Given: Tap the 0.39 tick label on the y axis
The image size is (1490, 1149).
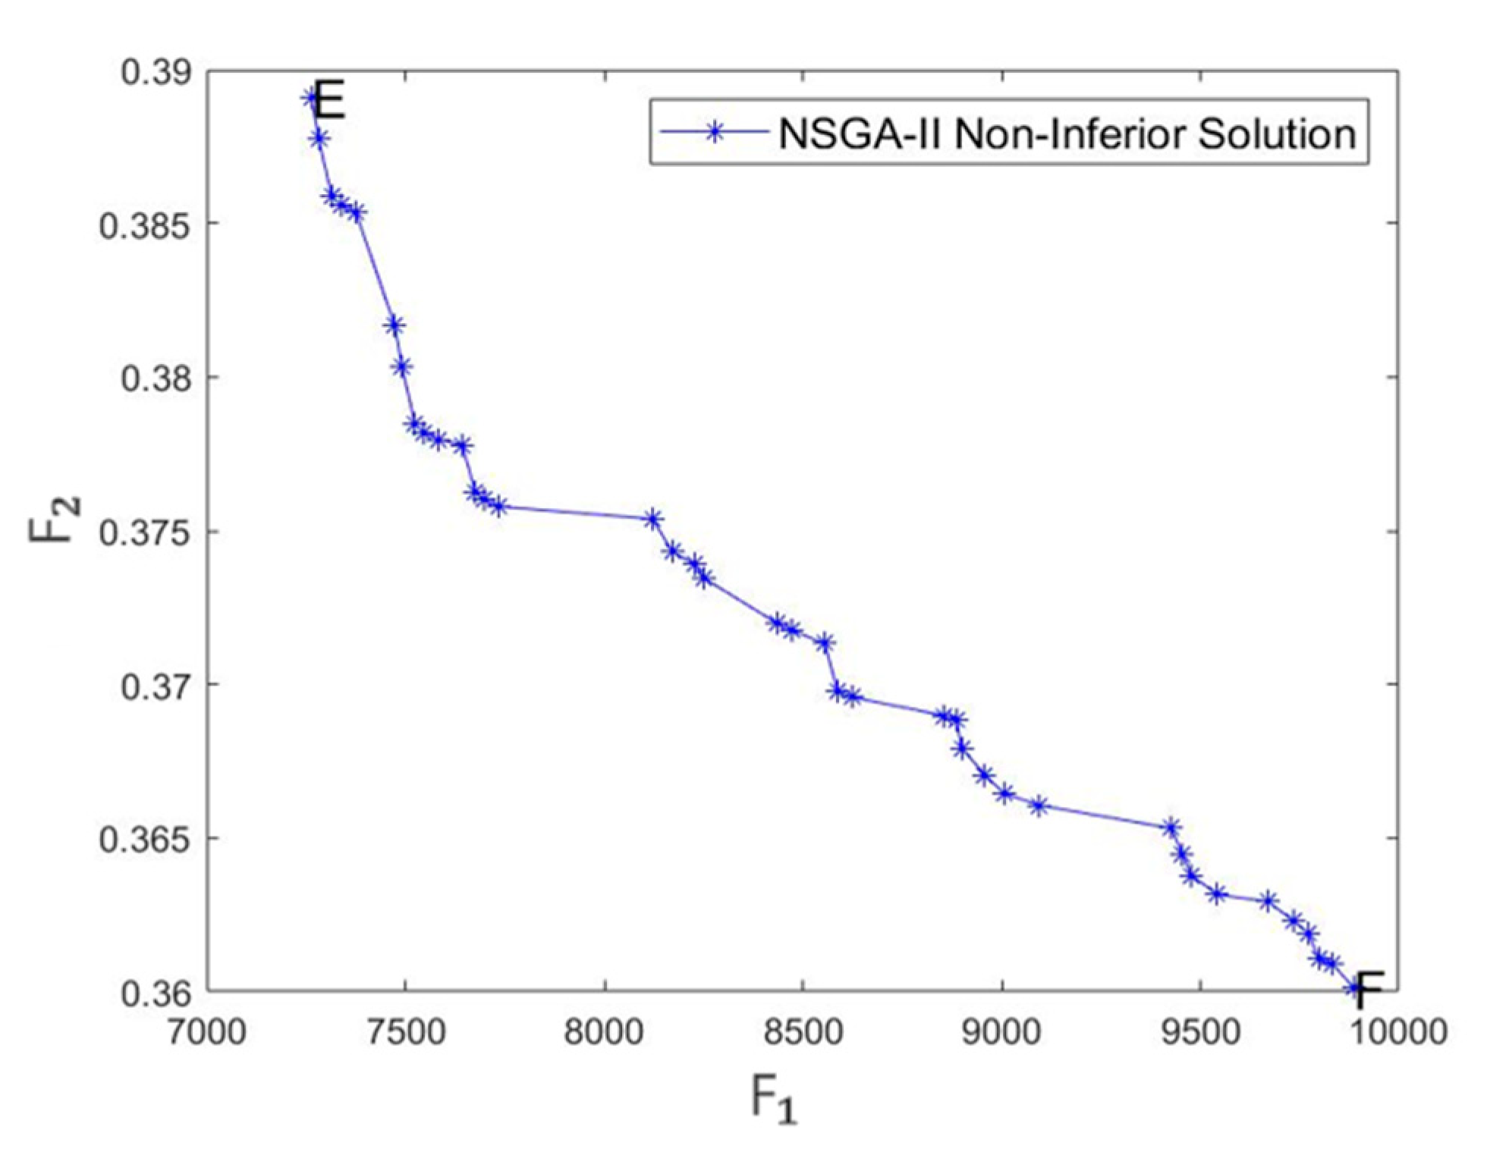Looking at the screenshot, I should coord(156,71).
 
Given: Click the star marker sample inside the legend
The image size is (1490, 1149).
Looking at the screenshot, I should coord(713,131).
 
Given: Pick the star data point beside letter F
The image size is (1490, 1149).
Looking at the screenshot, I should coord(1355,988).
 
